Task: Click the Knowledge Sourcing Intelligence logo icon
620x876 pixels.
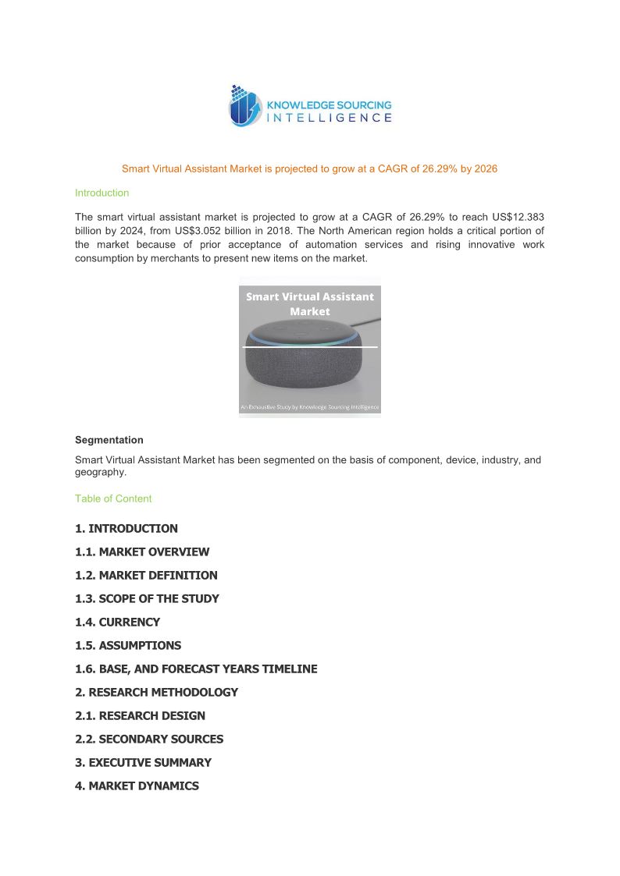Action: click(x=245, y=106)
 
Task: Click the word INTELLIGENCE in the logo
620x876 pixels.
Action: click(x=329, y=118)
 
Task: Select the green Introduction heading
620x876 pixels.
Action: click(x=102, y=193)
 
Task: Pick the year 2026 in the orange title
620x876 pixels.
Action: click(x=486, y=168)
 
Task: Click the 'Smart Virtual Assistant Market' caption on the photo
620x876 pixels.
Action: click(x=310, y=303)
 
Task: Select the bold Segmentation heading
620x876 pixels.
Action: click(x=109, y=440)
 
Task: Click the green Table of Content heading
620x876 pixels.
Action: click(x=113, y=498)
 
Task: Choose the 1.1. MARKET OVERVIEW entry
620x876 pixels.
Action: click(x=142, y=551)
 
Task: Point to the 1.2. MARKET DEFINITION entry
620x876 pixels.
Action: click(x=146, y=575)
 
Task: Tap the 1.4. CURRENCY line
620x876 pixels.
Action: click(x=117, y=622)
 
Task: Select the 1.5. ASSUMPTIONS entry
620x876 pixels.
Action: click(x=128, y=645)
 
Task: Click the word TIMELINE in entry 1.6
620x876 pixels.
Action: click(x=290, y=669)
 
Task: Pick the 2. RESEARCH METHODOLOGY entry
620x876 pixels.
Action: click(x=156, y=692)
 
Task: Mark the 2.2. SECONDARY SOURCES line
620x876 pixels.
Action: click(x=149, y=739)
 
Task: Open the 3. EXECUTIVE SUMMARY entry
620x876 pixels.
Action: click(x=143, y=762)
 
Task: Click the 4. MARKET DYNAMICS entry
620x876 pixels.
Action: click(x=137, y=786)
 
